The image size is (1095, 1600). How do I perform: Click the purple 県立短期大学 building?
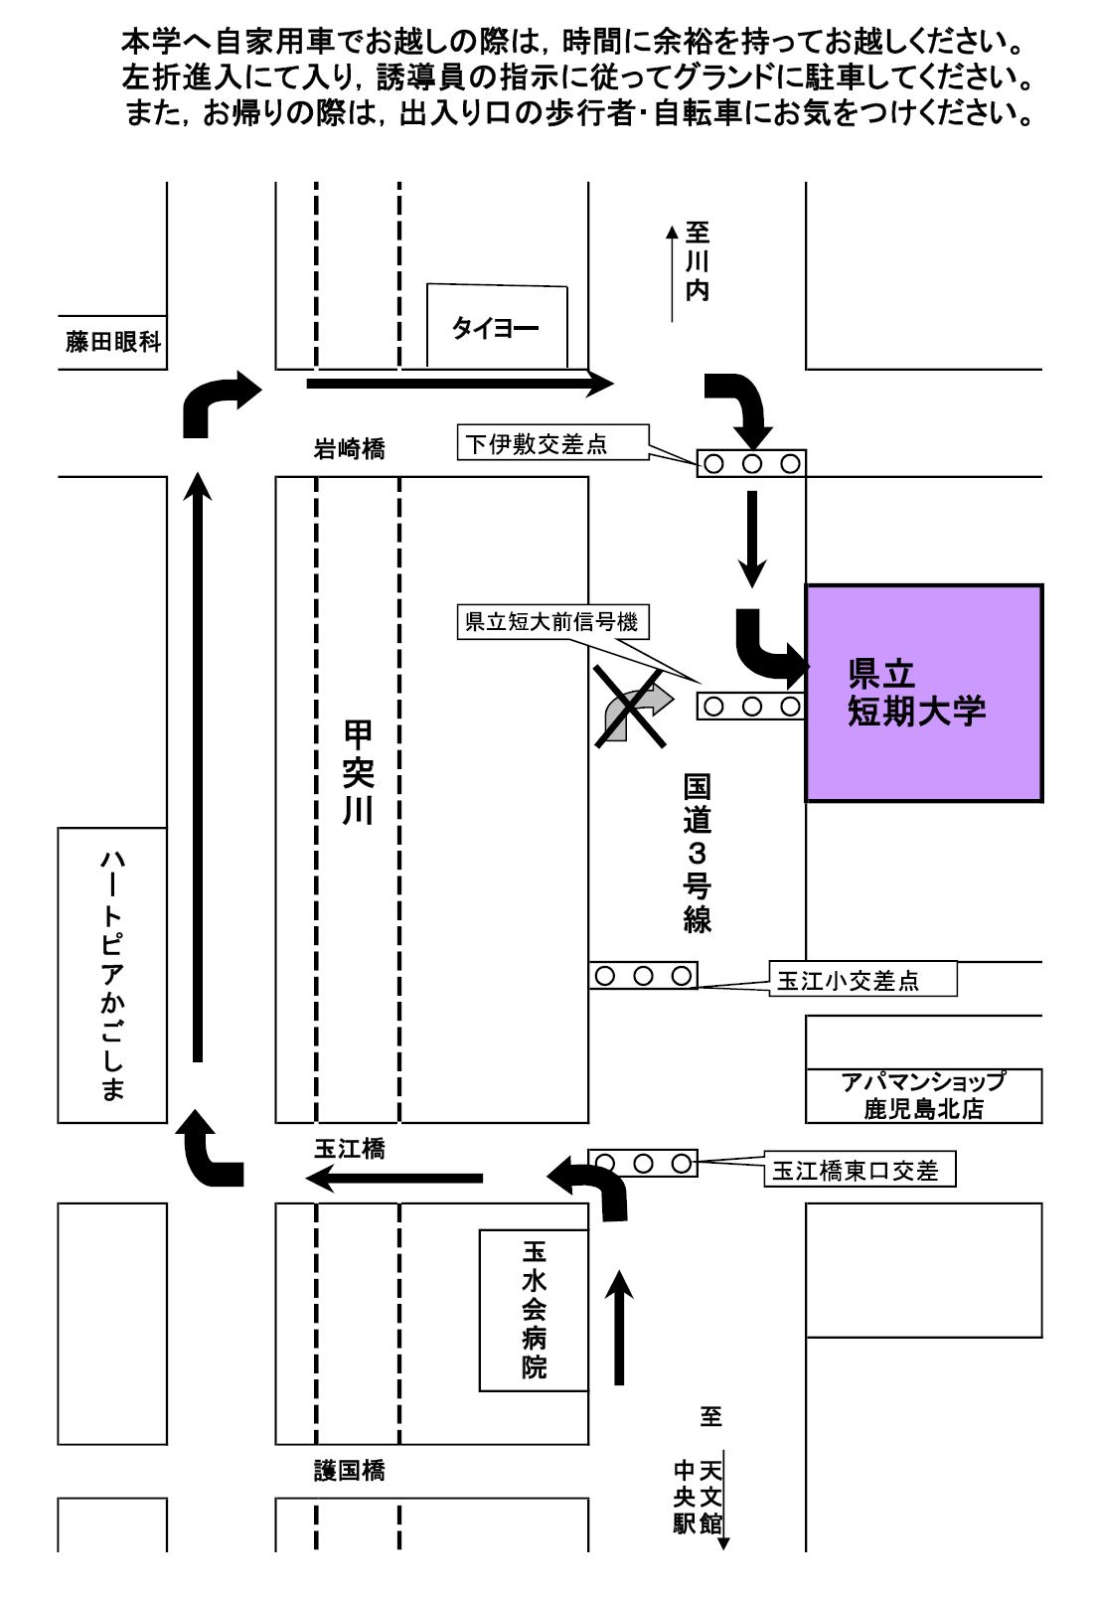[x=923, y=693]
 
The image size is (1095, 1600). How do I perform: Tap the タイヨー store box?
[x=497, y=327]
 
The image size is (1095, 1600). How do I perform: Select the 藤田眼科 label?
[x=112, y=344]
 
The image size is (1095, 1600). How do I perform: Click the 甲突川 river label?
[x=358, y=773]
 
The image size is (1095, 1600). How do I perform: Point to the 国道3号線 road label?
[x=697, y=853]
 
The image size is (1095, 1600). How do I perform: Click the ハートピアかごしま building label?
[x=112, y=974]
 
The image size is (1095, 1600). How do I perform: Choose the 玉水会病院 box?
[x=534, y=1309]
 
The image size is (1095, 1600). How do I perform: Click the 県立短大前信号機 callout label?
[x=551, y=622]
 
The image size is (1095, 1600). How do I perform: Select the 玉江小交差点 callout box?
[x=862, y=980]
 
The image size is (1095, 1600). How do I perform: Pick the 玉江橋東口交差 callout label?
[x=859, y=1171]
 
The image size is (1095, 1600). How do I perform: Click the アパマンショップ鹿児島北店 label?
[x=923, y=1095]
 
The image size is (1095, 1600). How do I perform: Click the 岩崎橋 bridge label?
[x=349, y=449]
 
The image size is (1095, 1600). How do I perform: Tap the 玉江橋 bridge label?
[x=349, y=1148]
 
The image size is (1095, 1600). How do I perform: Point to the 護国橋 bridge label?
[x=349, y=1470]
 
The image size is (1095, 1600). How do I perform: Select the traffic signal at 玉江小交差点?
[x=643, y=976]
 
